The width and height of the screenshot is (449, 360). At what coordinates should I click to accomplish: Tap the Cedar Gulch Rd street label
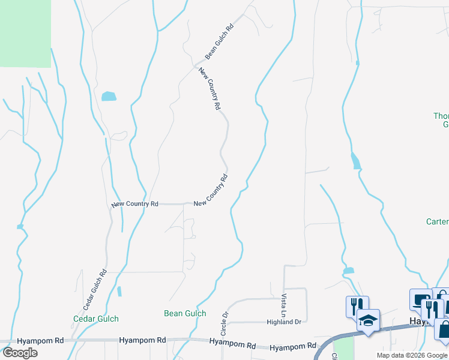94,289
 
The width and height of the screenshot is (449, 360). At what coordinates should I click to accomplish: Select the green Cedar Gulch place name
96,319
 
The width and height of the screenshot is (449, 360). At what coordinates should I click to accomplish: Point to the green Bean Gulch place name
185,313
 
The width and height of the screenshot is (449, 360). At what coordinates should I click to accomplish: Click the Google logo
20,353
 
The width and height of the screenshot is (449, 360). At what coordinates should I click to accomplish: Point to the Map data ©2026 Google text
412,355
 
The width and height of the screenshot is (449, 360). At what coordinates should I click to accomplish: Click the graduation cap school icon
368,319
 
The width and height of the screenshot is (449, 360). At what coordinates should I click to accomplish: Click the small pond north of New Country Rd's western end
109,96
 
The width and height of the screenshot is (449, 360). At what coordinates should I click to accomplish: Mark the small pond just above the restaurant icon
349,271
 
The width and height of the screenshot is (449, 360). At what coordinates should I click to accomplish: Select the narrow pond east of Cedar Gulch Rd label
119,292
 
